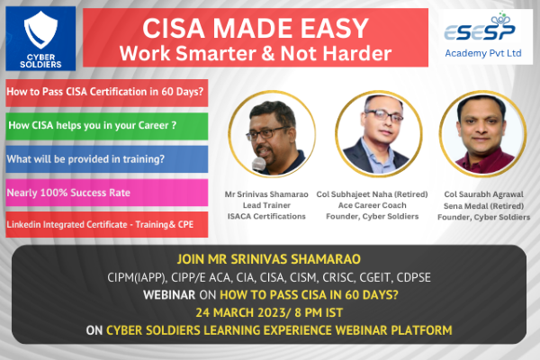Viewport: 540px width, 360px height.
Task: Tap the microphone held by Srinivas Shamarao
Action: [259, 164]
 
